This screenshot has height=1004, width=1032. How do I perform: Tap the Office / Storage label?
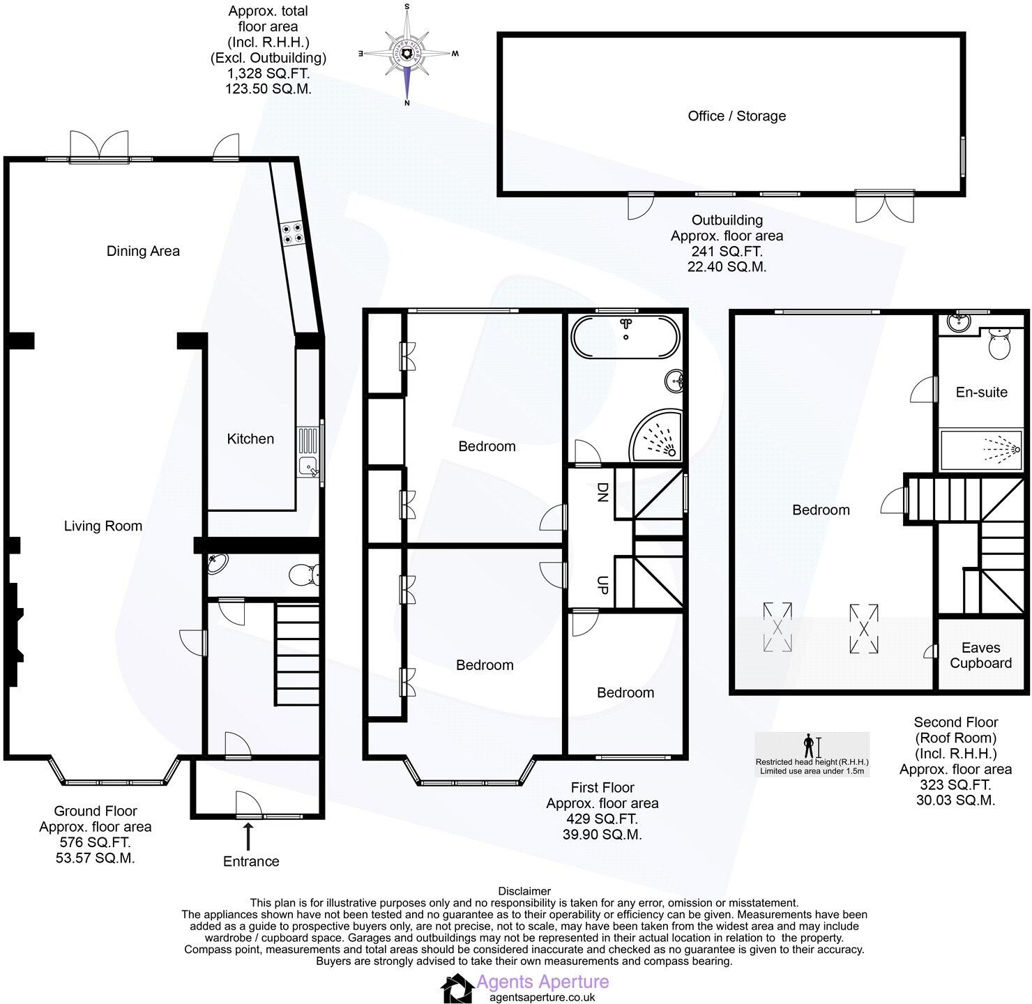coord(736,116)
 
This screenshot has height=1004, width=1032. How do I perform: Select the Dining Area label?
coord(143,251)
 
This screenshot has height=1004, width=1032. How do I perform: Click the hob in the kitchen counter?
coord(292,233)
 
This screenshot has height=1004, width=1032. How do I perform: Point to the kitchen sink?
coord(308,453)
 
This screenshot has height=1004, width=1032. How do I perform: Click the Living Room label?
coord(103,526)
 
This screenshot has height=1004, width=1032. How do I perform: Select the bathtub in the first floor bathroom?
coord(625,337)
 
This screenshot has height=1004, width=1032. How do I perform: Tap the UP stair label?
coord(602,585)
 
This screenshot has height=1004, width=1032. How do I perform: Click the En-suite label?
coord(981,393)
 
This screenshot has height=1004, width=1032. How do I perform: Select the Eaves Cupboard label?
coord(980,655)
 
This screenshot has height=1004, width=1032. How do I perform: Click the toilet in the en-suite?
coord(999,344)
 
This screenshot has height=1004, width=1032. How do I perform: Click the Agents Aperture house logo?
coord(457,989)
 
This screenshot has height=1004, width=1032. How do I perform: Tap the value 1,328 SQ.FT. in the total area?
coord(268,73)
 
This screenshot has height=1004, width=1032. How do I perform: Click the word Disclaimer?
coord(524,891)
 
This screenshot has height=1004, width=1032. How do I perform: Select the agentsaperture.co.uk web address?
coord(542,997)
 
